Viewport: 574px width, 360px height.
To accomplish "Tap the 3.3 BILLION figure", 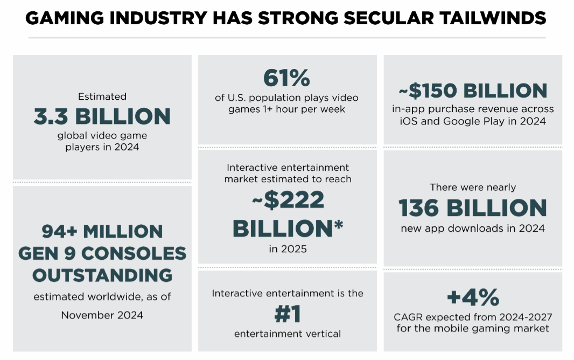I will coord(102,116).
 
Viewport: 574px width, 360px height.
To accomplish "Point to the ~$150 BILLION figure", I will coord(473,91).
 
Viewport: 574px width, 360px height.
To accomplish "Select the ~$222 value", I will coord(288,200).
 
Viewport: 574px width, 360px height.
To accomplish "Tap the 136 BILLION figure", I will coord(473,208).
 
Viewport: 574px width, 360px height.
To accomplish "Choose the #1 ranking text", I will coord(287,314).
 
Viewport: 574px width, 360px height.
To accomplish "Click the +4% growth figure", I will coord(473,297).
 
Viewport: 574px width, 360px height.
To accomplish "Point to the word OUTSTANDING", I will coord(102,275).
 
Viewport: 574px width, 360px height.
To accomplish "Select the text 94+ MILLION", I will coord(102,232).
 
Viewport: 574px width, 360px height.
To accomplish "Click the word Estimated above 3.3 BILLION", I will coord(102,96).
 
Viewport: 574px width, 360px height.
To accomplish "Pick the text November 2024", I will coord(102,315).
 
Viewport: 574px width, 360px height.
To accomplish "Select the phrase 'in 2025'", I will coord(288,249).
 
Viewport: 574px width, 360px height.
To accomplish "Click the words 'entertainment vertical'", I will coord(288,334).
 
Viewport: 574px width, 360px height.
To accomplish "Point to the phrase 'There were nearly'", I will coord(473,188).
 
